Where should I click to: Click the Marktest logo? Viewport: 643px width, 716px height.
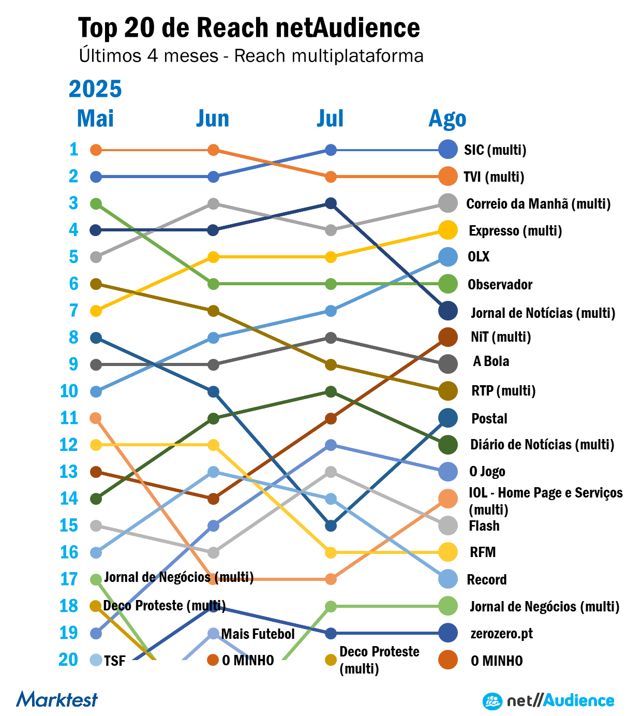coord(57,699)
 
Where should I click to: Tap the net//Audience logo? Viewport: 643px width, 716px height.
coord(548,701)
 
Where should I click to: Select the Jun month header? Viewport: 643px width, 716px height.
coord(213,119)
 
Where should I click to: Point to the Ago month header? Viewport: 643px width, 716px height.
coord(447,119)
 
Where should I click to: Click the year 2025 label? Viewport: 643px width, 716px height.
coord(95,89)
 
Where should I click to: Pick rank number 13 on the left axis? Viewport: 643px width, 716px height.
coord(69,472)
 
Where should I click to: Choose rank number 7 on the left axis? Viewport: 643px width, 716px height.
coord(73,311)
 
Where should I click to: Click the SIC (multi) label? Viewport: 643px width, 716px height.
coord(495,150)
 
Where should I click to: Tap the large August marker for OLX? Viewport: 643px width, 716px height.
coord(448,257)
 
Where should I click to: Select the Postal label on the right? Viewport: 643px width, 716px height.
coord(489,418)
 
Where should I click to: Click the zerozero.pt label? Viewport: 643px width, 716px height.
coord(501,634)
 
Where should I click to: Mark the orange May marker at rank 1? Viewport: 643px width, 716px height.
coord(96,150)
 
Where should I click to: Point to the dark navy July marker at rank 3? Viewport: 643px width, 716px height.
coord(331,203)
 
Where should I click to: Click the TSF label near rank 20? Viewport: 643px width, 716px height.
coord(114,661)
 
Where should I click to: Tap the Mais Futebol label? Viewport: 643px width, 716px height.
coord(258,634)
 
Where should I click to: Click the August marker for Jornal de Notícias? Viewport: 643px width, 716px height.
coord(448,311)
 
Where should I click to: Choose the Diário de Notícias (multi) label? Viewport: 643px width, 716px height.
coord(542,445)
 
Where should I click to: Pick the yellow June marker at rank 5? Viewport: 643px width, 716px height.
coord(213,257)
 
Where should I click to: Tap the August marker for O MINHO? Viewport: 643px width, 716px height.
coord(448,660)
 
